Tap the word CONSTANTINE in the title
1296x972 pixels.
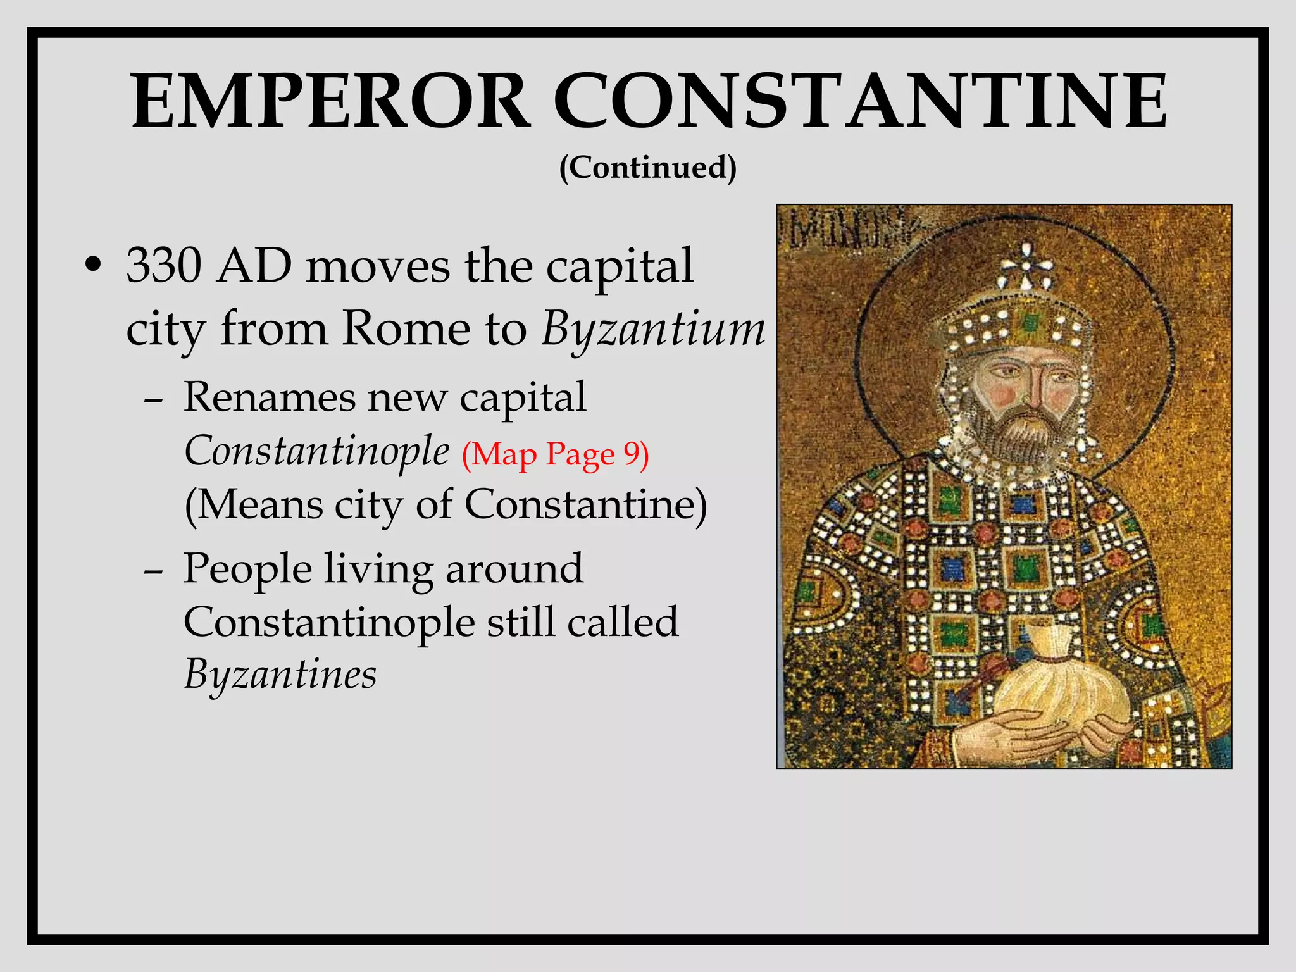tap(861, 101)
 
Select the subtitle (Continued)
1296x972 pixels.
tap(648, 168)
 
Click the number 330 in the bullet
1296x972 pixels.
tap(164, 266)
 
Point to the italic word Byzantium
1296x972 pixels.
tap(654, 330)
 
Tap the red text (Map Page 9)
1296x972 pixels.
tap(555, 454)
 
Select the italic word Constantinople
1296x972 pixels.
tap(316, 452)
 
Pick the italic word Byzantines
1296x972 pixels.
tap(280, 675)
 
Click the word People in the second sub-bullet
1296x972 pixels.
tap(247, 568)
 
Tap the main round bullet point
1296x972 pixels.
tap(93, 267)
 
